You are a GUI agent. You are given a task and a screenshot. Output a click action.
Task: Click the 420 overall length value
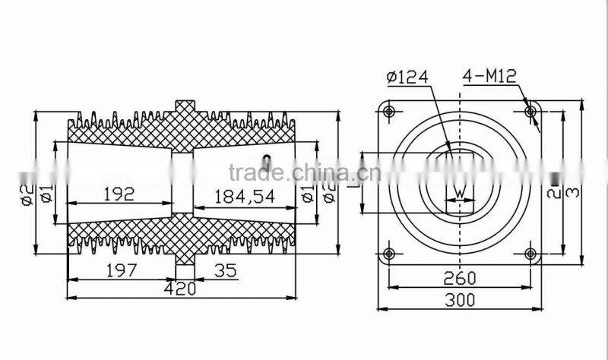coord(180,289)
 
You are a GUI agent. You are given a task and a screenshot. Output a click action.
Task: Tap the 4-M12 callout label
coord(488,77)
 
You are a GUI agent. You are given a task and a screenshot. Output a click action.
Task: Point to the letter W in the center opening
coord(458,192)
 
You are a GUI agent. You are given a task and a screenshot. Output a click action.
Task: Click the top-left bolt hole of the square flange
coord(390,112)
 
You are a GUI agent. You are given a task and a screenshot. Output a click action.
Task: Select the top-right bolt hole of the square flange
coord(530,112)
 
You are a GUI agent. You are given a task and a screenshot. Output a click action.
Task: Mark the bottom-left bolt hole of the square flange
coord(390,253)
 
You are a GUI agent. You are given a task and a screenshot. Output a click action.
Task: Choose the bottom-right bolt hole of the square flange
coord(530,253)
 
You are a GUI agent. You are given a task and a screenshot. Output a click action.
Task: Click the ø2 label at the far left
coord(26,194)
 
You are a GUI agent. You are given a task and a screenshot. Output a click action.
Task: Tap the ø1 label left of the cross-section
coord(47,194)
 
